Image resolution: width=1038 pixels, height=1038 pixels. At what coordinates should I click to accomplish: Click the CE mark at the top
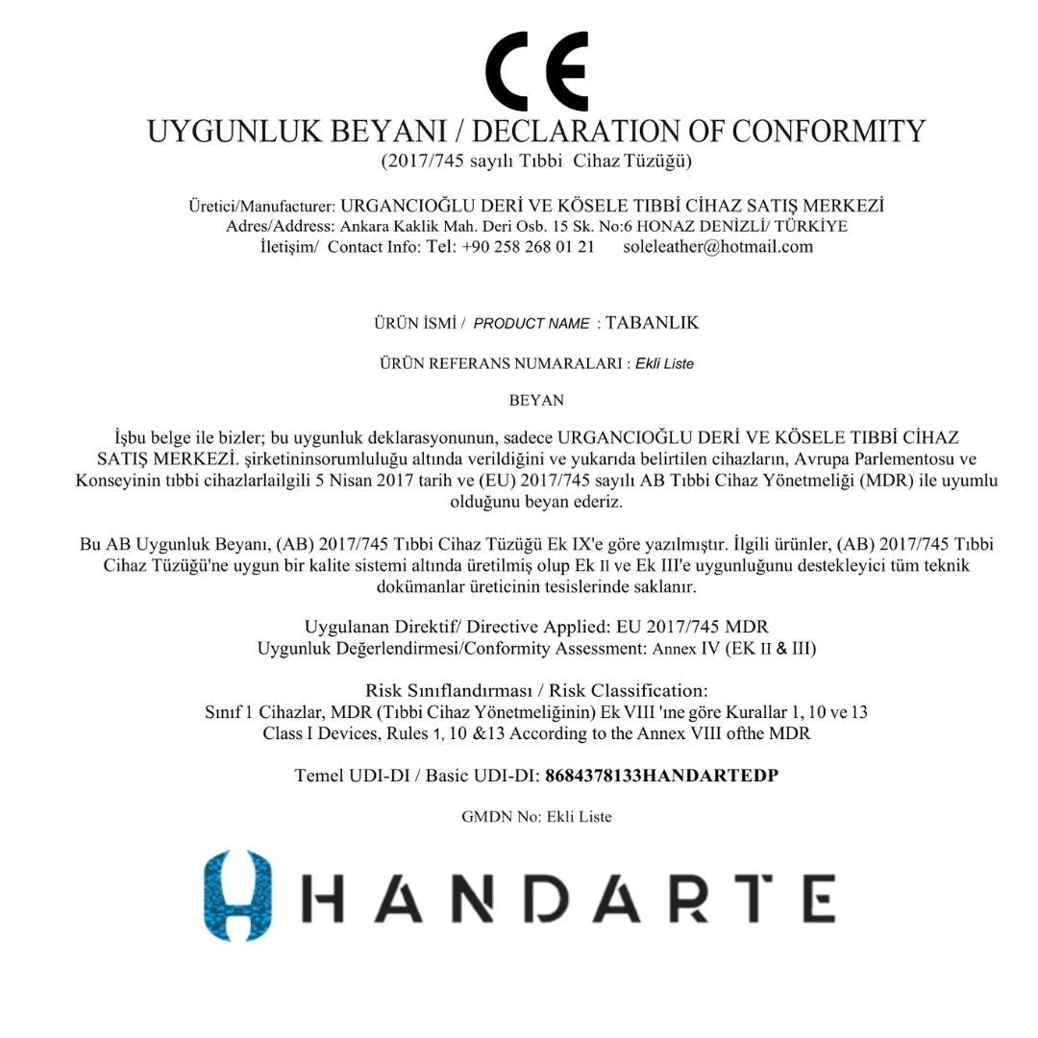(536, 71)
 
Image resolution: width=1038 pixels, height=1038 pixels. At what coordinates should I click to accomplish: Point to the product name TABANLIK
(652, 323)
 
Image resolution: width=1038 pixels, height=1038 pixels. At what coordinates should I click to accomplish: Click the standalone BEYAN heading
(536, 400)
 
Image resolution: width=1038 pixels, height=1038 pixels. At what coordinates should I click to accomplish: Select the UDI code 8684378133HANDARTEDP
(661, 776)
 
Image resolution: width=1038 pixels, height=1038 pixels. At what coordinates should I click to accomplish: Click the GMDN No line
(536, 817)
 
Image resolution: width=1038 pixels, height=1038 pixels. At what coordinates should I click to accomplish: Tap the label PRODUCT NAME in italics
(531, 324)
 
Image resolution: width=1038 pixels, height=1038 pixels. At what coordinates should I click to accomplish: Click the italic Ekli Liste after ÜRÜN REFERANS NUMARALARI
(664, 364)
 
